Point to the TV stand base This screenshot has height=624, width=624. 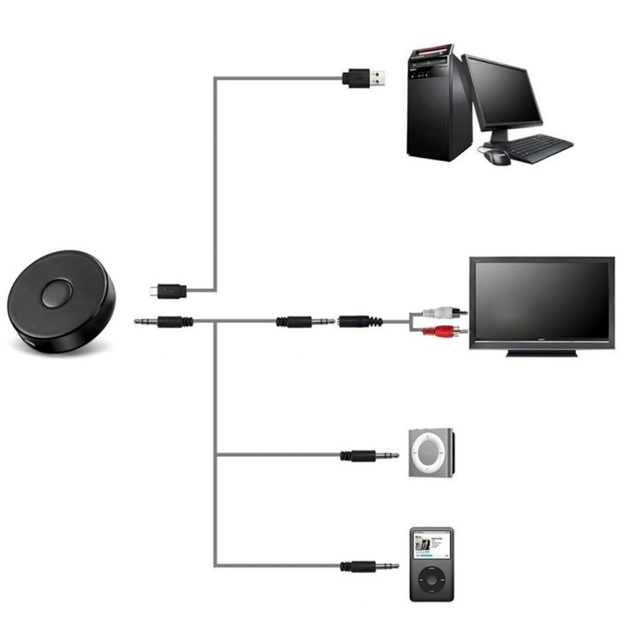point(542,353)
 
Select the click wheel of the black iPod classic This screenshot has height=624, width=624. point(431,578)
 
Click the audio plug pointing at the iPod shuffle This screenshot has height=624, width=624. point(369,455)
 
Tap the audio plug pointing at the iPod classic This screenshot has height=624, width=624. point(369,566)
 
